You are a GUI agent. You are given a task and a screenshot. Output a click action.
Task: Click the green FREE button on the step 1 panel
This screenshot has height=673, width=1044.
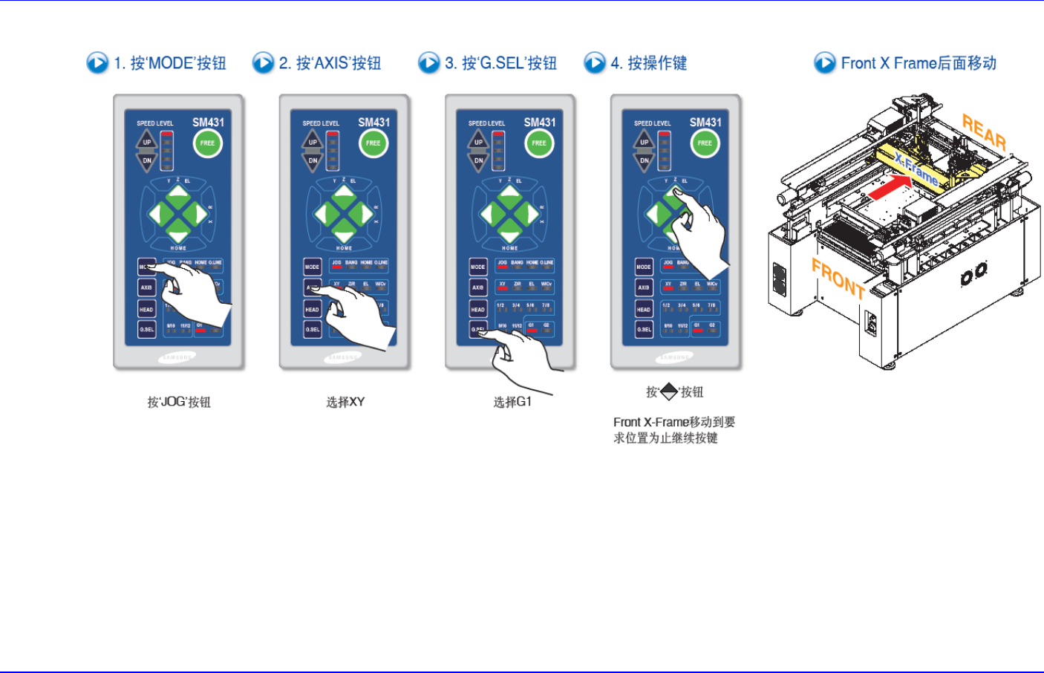point(208,143)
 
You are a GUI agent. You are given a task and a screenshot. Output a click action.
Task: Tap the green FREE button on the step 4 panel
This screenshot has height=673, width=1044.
point(705,143)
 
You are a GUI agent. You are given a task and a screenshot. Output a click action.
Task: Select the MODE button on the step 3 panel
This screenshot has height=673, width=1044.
point(478,267)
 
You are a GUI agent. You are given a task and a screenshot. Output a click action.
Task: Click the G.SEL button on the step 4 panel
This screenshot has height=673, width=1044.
point(644,329)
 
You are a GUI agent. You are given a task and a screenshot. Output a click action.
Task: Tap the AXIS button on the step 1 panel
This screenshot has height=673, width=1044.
point(146,287)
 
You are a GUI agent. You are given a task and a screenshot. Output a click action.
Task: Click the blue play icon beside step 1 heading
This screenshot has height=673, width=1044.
point(97,63)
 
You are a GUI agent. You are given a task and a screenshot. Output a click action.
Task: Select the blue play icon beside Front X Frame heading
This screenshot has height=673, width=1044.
point(824,63)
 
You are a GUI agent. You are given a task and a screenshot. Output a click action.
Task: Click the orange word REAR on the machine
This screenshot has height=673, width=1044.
point(984,131)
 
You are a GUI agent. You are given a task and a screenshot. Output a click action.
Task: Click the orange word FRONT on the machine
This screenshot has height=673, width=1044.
point(838,279)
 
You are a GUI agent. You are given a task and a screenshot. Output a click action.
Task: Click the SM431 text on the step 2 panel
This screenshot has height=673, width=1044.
point(373,123)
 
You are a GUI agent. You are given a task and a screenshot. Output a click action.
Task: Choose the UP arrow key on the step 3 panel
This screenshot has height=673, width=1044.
point(478,140)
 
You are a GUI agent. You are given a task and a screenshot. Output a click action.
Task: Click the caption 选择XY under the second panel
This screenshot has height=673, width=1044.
point(345,402)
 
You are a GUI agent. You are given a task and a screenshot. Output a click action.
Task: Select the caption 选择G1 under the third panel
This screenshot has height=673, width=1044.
point(512,402)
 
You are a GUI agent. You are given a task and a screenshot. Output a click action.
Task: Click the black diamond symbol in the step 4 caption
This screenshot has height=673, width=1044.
point(669,391)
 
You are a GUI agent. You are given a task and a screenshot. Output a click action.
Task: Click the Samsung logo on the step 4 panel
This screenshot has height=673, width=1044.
point(674,357)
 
